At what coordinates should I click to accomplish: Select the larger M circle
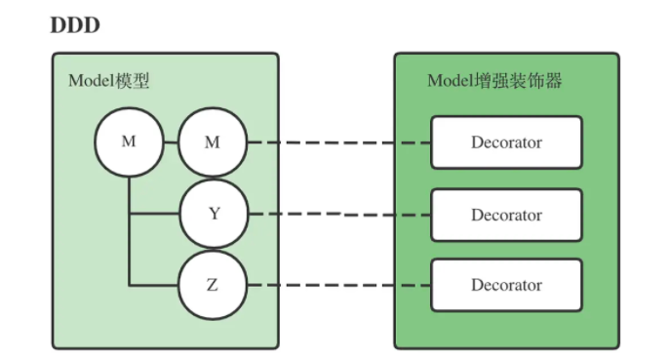coord(129,142)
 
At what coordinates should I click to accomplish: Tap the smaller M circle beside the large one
coord(213,142)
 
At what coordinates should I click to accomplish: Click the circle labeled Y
coord(213,214)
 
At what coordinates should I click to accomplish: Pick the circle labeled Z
coord(213,285)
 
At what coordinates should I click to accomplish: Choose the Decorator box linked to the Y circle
coord(506,215)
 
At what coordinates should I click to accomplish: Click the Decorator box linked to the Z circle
coord(506,285)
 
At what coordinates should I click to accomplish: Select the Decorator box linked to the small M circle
coord(506,142)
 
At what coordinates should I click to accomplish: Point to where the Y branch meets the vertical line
coord(129,214)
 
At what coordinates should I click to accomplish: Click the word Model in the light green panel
coord(91,81)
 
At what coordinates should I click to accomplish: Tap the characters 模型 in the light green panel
coord(133,81)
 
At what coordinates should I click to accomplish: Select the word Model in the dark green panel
coord(451,81)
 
